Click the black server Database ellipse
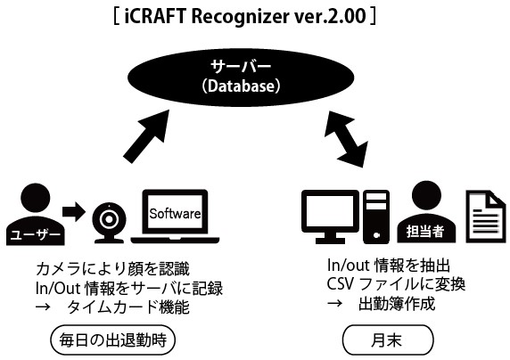tap(241, 78)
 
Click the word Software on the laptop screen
tap(175, 214)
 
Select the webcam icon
tap(109, 223)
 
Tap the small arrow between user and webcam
tap(74, 212)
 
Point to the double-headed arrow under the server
tap(346, 139)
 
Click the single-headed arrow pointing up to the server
tap(146, 136)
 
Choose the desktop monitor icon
tap(330, 217)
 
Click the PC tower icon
tap(376, 217)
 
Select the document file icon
tap(486, 217)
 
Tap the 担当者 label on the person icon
tap(425, 232)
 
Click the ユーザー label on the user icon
tap(36, 234)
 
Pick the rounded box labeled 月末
tap(389, 340)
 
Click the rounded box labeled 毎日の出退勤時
tap(113, 340)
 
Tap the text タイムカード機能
tap(127, 307)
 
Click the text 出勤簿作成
tap(397, 304)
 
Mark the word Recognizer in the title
tap(240, 17)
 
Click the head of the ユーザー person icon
tap(36, 198)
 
